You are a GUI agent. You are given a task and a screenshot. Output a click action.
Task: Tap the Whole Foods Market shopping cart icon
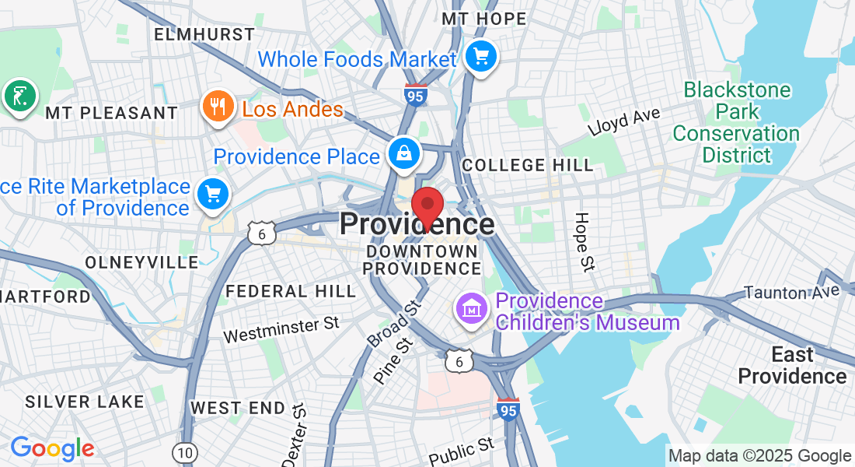coord(481,56)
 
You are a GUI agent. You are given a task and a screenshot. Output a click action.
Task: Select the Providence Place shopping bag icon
coord(405,153)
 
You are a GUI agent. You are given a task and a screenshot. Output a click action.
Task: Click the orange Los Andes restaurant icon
coord(218,106)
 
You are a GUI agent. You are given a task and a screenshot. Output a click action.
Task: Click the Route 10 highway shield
coord(185,452)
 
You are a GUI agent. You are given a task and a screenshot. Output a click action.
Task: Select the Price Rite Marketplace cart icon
coord(212,193)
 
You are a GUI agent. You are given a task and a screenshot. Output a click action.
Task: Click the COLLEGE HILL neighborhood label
coord(527,165)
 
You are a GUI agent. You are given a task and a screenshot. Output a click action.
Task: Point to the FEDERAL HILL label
coord(291,292)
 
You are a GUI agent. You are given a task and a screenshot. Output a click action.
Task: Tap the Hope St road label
coord(583,241)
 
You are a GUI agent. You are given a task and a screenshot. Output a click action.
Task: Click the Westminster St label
coord(282,329)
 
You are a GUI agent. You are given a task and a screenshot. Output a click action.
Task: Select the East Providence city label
coord(792,366)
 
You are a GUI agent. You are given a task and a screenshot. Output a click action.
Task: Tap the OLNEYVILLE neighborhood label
coord(141,262)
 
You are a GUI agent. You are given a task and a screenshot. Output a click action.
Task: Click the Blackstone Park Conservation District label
coord(736,122)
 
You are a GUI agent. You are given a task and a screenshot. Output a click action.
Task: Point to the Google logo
coord(52,448)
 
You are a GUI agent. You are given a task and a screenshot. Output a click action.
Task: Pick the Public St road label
coord(462,450)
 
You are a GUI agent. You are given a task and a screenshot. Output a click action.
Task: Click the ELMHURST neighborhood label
coord(204,34)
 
